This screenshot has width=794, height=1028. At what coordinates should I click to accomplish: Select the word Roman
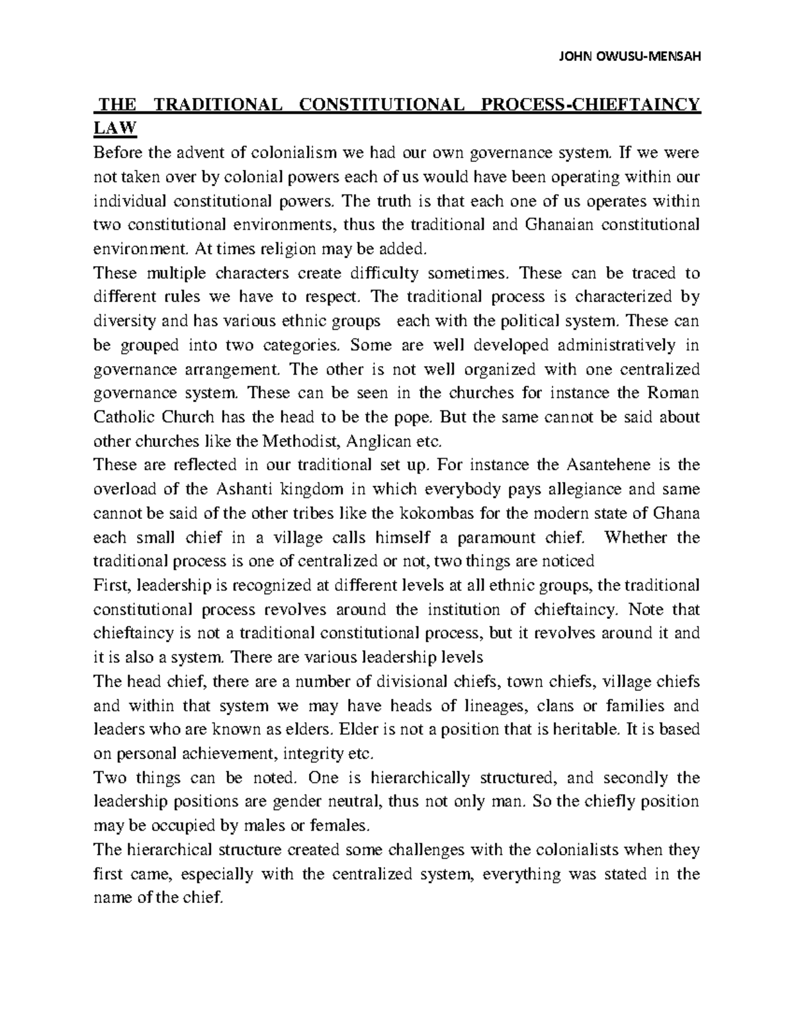point(672,393)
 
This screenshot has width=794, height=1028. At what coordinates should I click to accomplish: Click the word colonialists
point(566,850)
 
